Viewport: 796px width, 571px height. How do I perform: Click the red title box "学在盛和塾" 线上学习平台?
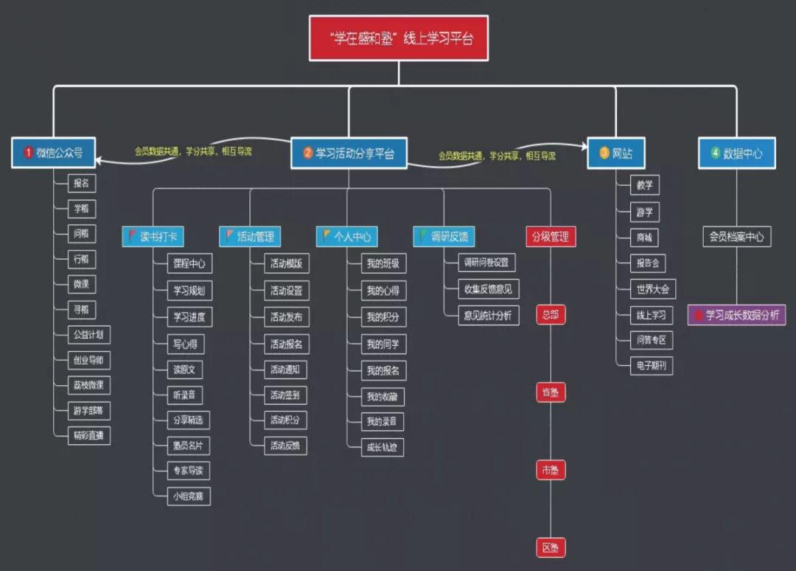[x=399, y=38]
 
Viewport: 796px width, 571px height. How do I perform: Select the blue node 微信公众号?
[x=54, y=153]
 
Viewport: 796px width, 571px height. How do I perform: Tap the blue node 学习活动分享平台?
[x=349, y=153]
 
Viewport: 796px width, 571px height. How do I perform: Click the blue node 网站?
[x=615, y=153]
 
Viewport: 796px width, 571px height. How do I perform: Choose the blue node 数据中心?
[x=736, y=153]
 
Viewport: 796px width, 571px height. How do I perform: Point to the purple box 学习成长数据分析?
[x=736, y=315]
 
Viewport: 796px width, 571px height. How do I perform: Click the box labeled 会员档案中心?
[x=736, y=237]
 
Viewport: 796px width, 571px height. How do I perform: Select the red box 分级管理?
[x=550, y=237]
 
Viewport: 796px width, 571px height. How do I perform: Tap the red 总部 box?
[x=550, y=315]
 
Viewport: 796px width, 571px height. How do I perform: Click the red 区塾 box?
[x=550, y=547]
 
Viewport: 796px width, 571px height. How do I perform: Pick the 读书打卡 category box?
[x=153, y=237]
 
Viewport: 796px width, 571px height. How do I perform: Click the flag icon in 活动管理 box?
[x=229, y=236]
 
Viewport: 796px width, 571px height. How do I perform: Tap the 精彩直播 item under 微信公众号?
[x=88, y=435]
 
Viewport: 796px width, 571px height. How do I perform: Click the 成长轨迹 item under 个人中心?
[x=383, y=447]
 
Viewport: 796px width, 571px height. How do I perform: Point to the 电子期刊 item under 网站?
[x=651, y=366]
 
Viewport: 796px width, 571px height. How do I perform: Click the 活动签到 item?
[x=285, y=395]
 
